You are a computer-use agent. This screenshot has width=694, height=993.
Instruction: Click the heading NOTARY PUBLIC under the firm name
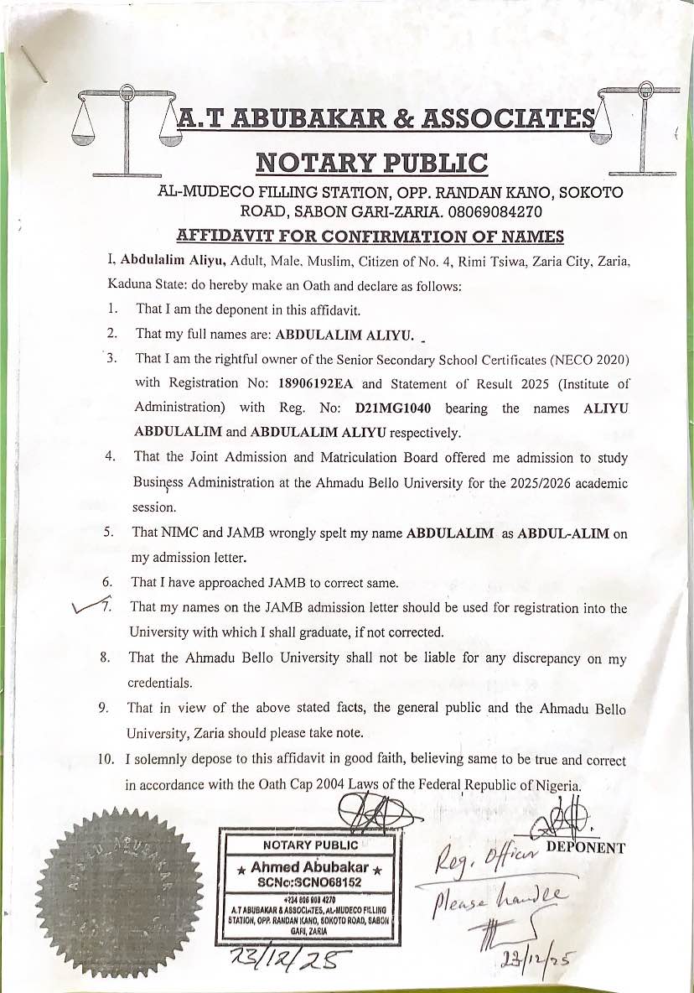point(371,162)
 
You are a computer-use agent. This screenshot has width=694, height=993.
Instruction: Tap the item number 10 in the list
point(106,761)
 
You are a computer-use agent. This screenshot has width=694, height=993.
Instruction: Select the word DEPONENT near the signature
point(585,847)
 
